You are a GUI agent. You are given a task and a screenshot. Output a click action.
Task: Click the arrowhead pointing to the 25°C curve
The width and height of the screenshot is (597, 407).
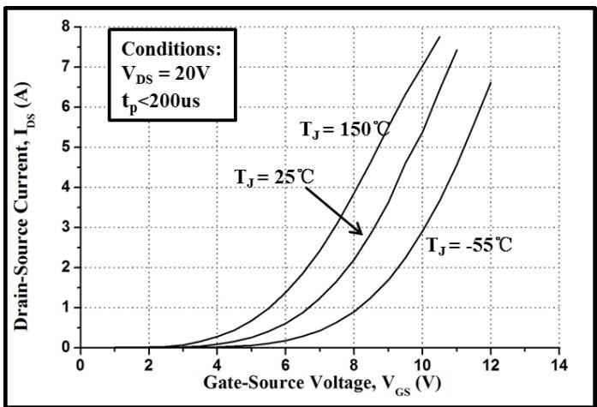pos(361,233)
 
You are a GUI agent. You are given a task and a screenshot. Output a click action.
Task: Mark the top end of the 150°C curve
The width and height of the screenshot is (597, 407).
pos(439,37)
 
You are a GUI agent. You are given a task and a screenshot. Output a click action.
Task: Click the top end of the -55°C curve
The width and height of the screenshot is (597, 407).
pos(490,82)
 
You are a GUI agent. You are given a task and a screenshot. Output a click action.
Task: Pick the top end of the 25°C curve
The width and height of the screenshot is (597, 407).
pos(457,50)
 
